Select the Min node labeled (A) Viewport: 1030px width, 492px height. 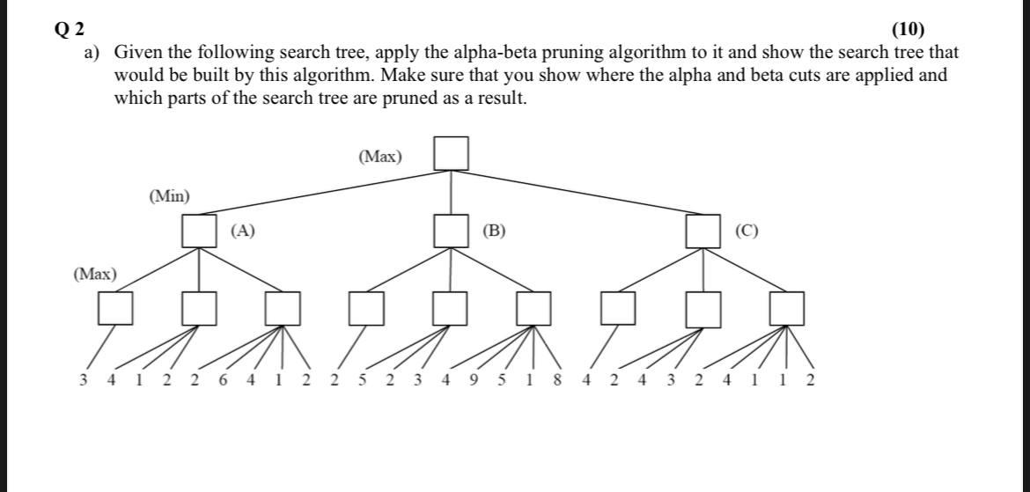(x=199, y=231)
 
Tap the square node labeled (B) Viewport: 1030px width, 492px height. (x=451, y=231)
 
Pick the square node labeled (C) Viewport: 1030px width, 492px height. (x=703, y=231)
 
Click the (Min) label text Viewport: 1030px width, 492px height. (x=169, y=196)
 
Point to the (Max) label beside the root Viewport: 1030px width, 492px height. (x=380, y=157)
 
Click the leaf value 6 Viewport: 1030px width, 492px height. (x=223, y=380)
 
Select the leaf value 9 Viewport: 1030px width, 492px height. (x=474, y=380)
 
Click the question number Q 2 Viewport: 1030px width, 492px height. (x=70, y=30)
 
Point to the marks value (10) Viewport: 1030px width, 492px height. (x=908, y=30)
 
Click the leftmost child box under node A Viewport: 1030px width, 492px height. (x=115, y=308)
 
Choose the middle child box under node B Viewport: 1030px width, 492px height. (x=451, y=308)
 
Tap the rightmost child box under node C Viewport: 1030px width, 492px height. (x=786, y=308)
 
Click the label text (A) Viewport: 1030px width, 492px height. (x=242, y=231)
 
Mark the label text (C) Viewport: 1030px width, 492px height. (x=747, y=231)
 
